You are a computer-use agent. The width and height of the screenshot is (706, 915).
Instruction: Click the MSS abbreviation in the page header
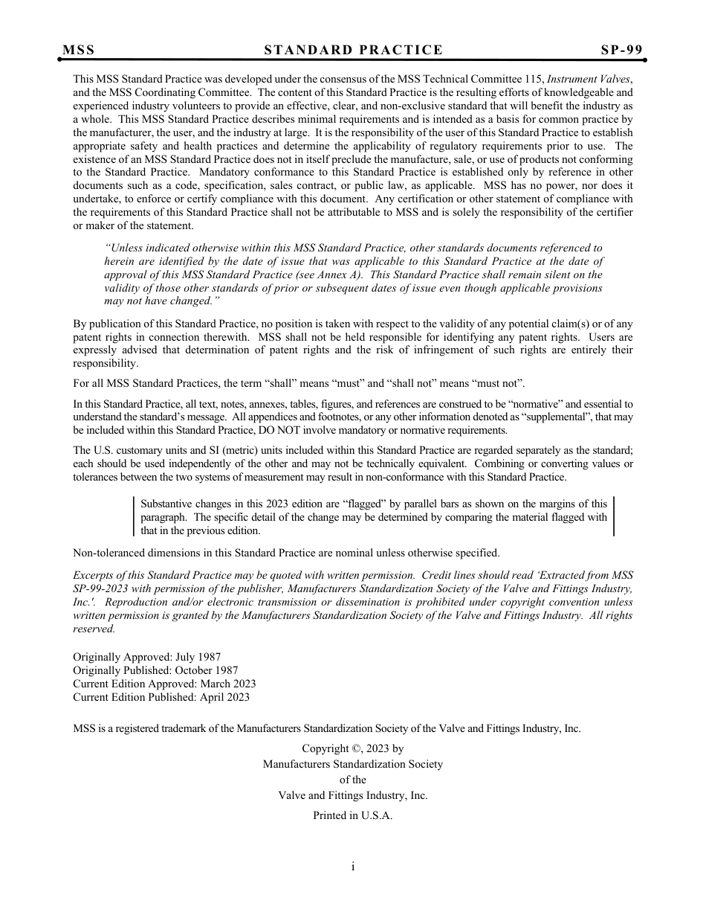click(x=79, y=50)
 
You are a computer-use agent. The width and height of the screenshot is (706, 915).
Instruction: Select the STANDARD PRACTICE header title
click(x=353, y=50)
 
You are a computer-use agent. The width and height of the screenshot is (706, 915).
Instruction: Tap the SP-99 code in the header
click(x=621, y=50)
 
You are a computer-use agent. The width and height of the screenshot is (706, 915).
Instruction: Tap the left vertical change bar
click(x=135, y=517)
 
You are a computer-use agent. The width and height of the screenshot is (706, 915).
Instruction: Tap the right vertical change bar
click(x=614, y=517)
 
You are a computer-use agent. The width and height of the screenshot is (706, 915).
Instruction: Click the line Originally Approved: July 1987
click(x=146, y=657)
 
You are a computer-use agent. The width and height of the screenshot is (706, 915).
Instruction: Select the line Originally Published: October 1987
click(x=155, y=670)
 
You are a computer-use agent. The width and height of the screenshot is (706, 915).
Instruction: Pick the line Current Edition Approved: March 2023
click(x=164, y=684)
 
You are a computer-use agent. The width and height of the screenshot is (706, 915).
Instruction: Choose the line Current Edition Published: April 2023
click(x=161, y=697)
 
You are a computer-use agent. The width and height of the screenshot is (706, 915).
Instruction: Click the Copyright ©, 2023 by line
click(x=352, y=749)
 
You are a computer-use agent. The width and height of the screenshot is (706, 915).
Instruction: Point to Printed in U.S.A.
click(x=352, y=815)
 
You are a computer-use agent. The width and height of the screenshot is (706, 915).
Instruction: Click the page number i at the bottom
click(x=353, y=867)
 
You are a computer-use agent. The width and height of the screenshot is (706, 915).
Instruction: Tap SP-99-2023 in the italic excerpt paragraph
click(x=101, y=588)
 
